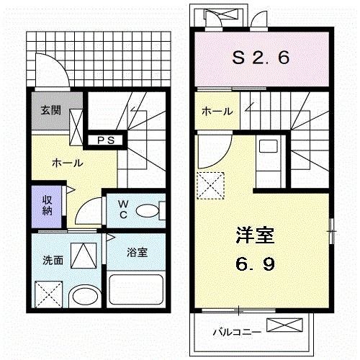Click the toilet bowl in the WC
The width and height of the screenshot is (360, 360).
[x=147, y=211]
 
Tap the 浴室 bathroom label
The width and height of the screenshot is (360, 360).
[x=136, y=253]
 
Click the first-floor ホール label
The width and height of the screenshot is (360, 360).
[x=67, y=163]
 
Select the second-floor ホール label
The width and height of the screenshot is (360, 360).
[x=217, y=112]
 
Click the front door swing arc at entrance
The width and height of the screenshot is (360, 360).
[x=53, y=74]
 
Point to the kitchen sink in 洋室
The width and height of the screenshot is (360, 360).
[x=268, y=151]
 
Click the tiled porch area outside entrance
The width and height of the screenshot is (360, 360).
[x=108, y=54]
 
